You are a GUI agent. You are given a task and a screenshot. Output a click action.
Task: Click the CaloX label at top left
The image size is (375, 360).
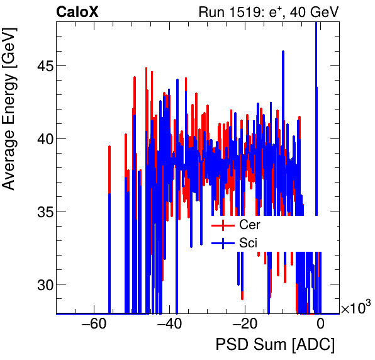click(x=77, y=12)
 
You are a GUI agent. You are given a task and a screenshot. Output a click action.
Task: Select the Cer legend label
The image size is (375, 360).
click(x=249, y=225)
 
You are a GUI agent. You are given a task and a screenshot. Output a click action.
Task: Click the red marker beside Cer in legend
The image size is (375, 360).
click(x=222, y=225)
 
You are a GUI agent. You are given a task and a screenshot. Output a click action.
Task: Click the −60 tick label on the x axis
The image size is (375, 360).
click(x=92, y=325)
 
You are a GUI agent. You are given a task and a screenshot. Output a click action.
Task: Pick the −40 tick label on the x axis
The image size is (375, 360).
click(x=169, y=325)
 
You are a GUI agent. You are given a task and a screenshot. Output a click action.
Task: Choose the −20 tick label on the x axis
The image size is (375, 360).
click(x=244, y=325)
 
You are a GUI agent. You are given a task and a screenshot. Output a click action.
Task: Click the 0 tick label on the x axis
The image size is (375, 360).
click(x=320, y=325)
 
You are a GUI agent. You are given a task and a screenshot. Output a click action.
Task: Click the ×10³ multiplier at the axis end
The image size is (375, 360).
click(x=355, y=308)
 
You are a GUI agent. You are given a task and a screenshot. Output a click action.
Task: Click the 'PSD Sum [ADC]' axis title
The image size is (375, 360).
click(x=275, y=346)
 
